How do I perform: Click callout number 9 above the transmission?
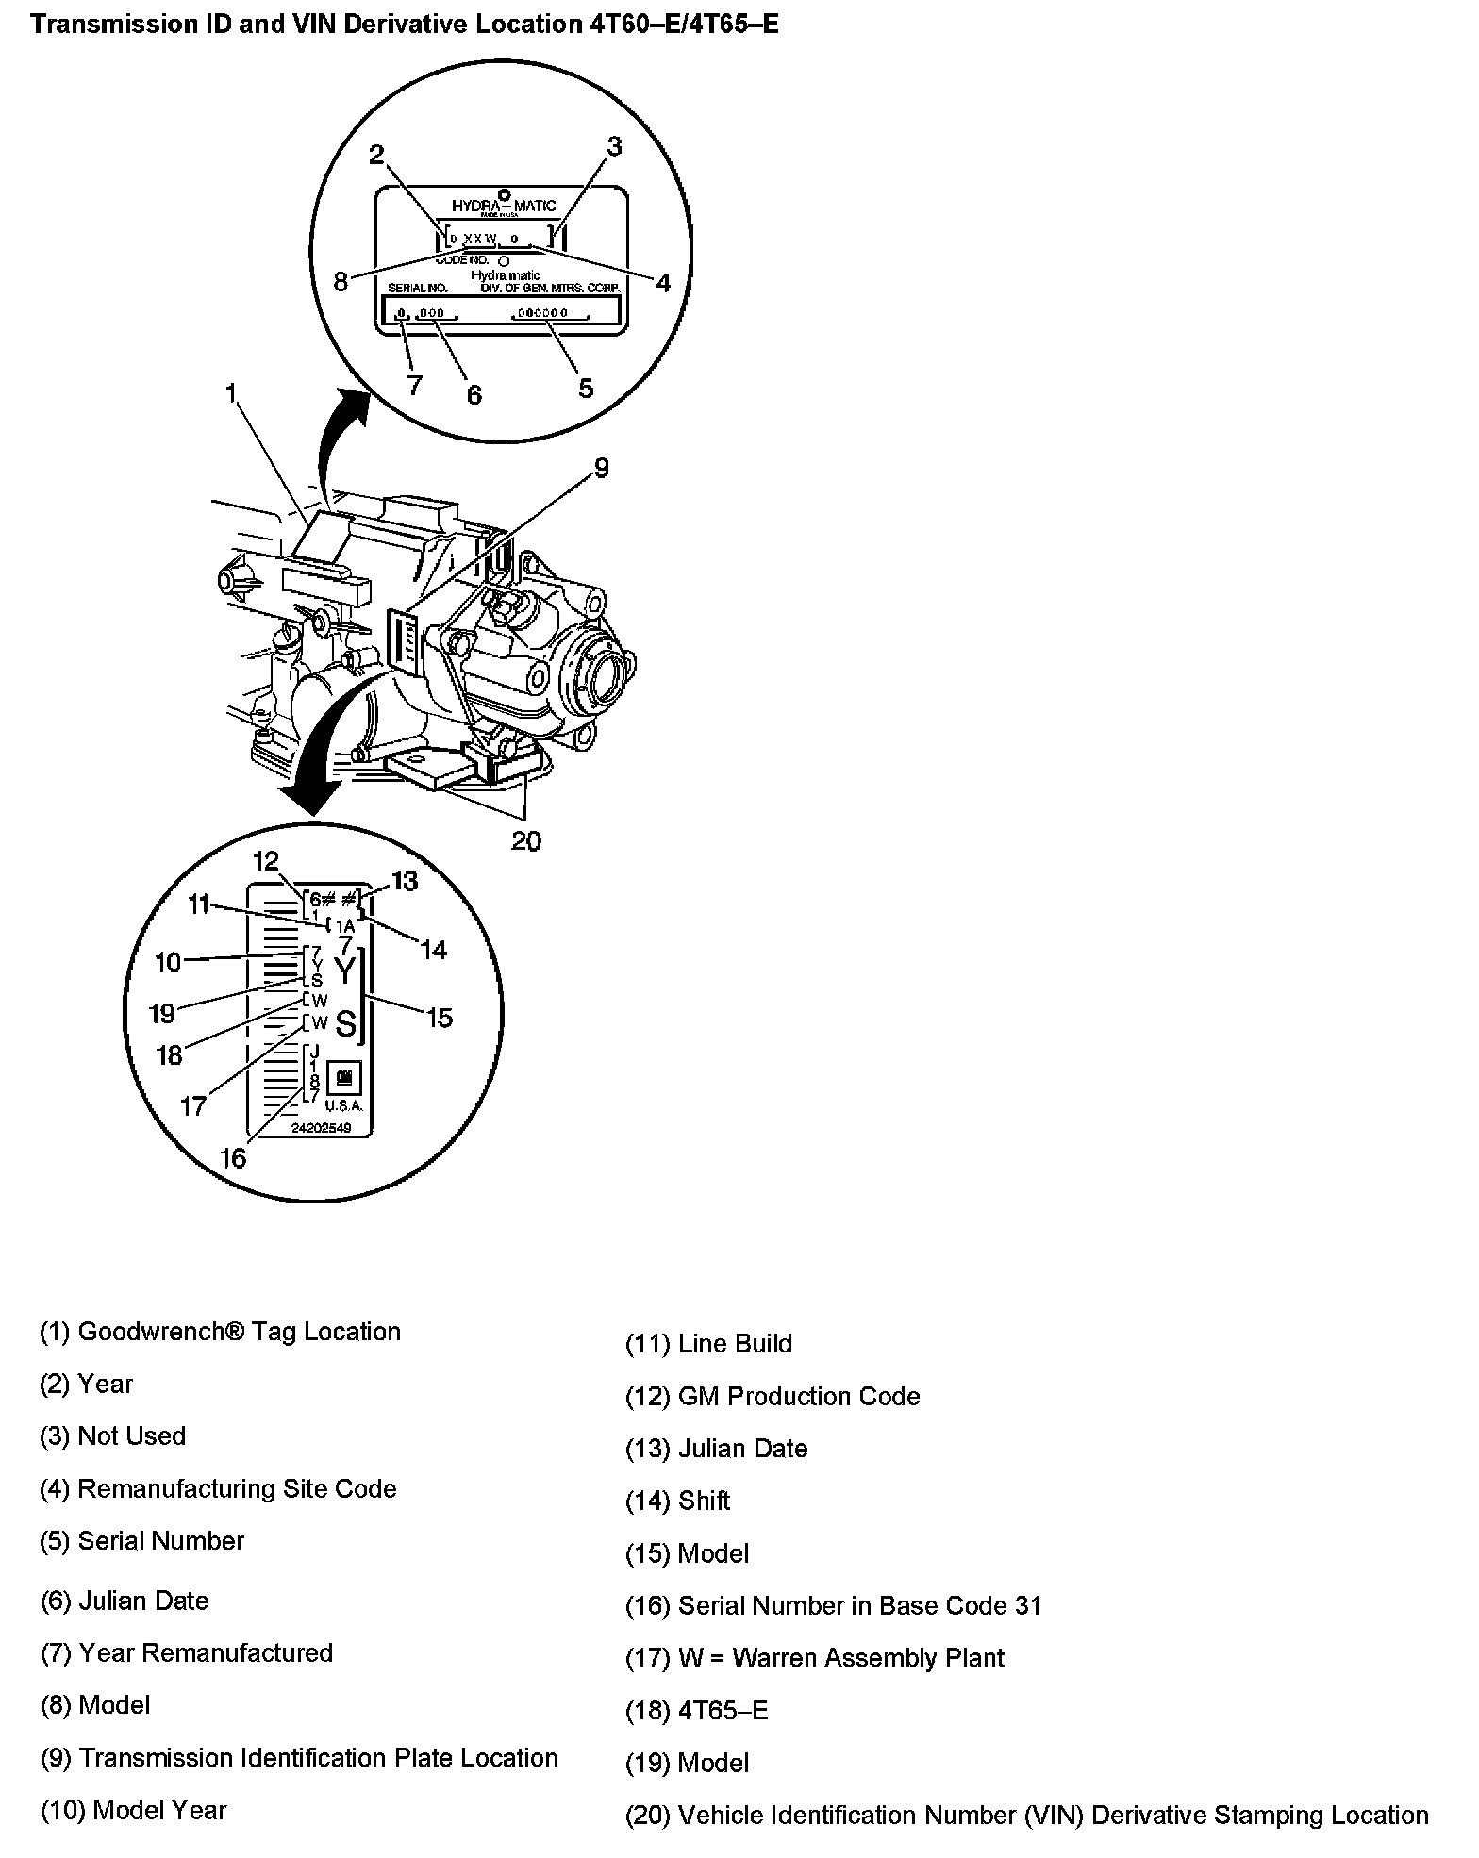601,468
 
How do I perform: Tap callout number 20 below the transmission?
525,840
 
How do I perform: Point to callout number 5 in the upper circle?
586,388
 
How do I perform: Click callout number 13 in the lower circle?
404,881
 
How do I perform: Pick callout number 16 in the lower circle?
232,1157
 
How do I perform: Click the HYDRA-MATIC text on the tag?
504,206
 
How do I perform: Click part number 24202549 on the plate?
315,1128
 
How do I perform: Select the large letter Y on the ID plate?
346,971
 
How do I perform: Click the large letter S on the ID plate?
346,1023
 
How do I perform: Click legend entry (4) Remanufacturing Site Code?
218,1488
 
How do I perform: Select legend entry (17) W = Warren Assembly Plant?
815,1657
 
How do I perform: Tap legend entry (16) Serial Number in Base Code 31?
833,1605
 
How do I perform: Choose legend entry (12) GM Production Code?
773,1396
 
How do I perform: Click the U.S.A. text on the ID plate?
343,1105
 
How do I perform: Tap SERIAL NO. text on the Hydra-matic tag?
417,287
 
